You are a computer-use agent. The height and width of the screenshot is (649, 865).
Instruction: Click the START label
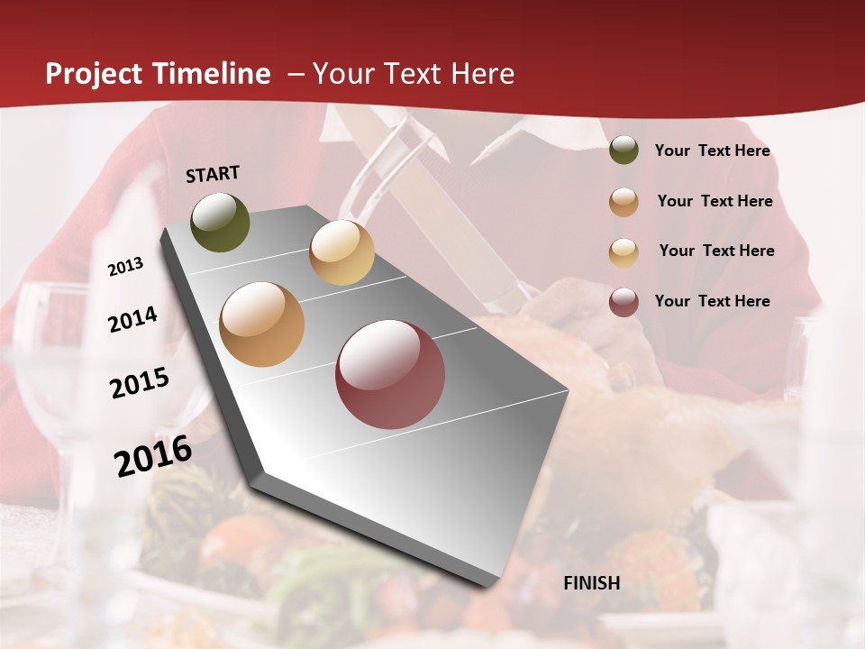click(213, 174)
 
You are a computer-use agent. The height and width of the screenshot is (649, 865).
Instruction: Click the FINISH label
click(592, 583)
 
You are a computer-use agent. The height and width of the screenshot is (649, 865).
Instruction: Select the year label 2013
click(125, 267)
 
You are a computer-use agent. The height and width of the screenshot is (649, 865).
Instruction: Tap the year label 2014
click(132, 320)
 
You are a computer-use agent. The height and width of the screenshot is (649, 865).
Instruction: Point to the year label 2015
click(139, 384)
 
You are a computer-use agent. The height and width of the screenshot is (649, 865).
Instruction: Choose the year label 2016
click(152, 456)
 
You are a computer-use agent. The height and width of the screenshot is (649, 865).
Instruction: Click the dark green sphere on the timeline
click(220, 222)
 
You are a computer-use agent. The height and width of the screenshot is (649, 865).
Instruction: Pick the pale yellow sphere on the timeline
click(341, 252)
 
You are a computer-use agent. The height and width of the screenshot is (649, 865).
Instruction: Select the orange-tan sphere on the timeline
click(261, 324)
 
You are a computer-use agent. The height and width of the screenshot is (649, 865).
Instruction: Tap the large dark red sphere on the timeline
click(390, 374)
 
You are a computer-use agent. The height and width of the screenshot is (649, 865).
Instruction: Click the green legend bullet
click(624, 151)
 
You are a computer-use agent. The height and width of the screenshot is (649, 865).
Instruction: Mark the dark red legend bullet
click(624, 302)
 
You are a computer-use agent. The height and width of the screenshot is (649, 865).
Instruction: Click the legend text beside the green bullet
click(712, 151)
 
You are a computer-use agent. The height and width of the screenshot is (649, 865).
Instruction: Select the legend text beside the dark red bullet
click(712, 301)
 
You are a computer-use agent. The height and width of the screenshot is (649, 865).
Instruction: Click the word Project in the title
click(94, 75)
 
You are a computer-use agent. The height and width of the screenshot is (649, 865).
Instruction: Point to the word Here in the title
click(482, 74)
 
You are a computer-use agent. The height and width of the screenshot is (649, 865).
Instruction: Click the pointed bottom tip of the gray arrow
click(492, 586)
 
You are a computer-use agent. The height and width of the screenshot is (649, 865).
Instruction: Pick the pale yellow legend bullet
click(624, 252)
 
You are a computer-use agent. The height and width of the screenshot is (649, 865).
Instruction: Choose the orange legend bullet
click(624, 202)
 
